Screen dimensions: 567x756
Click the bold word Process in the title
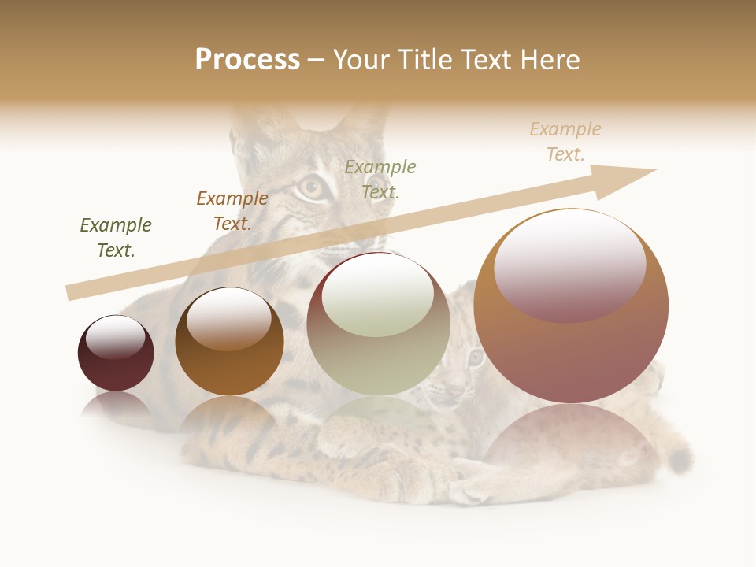(247, 60)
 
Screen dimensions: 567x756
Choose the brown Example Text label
(232, 211)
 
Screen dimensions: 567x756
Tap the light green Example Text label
(380, 179)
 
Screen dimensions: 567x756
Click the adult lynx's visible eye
(312, 187)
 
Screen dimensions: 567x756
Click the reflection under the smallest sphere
(116, 406)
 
